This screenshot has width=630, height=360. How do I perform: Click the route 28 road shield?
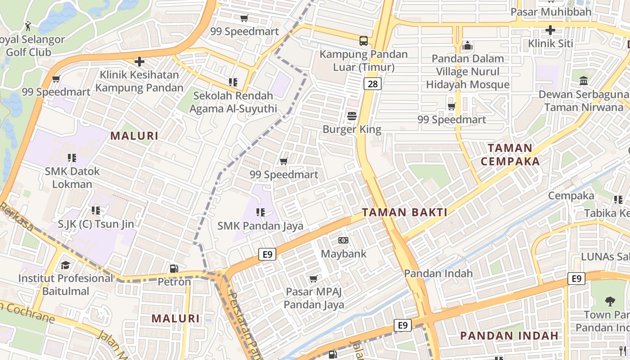coord(373,84)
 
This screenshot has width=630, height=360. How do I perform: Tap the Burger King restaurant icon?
coord(352,116)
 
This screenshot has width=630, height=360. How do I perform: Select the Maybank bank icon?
coord(343,240)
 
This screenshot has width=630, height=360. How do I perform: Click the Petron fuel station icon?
coord(174,269)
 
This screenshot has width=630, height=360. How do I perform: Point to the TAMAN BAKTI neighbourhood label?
coord(405,212)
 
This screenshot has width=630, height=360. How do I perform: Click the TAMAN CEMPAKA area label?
coord(510,154)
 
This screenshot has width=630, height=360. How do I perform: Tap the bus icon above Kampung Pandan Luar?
coord(364,41)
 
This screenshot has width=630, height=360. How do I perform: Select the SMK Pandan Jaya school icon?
coord(260,212)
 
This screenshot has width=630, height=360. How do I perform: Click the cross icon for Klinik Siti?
coord(550,31)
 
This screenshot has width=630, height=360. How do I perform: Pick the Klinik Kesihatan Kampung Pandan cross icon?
coord(139,62)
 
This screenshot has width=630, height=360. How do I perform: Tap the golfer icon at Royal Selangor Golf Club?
coord(28,26)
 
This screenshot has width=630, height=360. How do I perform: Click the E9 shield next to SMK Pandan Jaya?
coord(267,255)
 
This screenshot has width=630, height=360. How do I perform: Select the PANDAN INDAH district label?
coord(509,335)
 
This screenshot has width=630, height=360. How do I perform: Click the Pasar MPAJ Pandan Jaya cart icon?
coord(314,279)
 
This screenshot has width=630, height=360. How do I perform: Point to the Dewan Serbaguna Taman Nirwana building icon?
coord(584,81)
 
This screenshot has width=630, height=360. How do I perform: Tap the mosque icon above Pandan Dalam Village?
coord(468,45)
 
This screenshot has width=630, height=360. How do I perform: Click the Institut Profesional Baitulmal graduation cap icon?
coord(66,265)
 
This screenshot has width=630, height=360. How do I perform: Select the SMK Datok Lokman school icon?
coord(72,158)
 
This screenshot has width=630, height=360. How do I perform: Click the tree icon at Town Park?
coord(610,301)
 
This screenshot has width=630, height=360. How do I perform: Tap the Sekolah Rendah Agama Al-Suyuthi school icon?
coord(233,82)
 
